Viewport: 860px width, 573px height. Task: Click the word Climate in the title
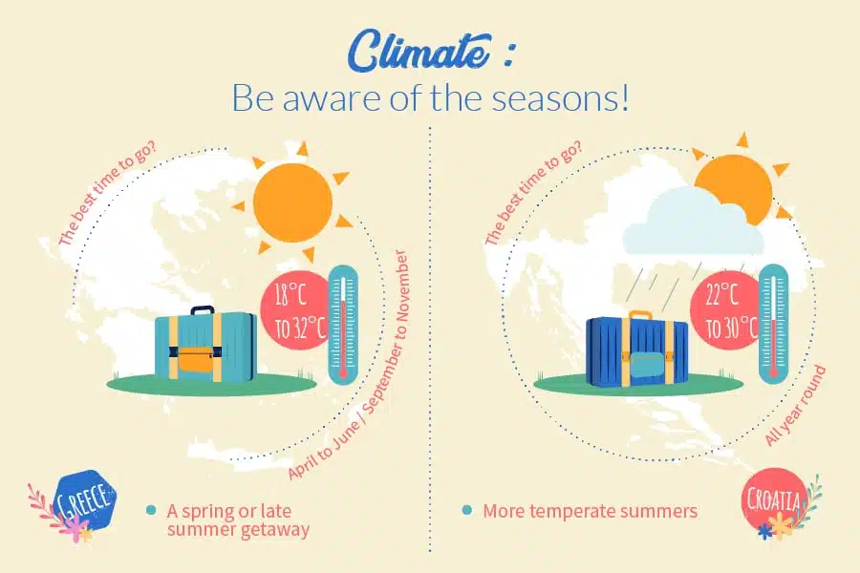point(419,53)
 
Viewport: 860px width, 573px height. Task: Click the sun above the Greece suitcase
point(293,202)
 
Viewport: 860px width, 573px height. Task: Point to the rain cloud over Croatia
point(693,223)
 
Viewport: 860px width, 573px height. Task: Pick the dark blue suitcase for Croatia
point(636,349)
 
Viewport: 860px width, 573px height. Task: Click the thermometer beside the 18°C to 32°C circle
point(343,325)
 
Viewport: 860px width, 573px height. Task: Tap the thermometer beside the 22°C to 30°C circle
point(773,325)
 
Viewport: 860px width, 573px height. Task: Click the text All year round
point(795,405)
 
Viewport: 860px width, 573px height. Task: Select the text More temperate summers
point(591,511)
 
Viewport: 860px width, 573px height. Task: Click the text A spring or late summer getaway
point(238,520)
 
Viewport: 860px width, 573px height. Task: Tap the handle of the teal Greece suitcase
point(203,310)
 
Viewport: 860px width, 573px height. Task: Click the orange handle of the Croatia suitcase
point(640,315)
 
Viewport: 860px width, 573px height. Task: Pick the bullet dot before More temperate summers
point(466,511)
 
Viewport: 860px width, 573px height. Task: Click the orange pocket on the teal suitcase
point(196,359)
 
